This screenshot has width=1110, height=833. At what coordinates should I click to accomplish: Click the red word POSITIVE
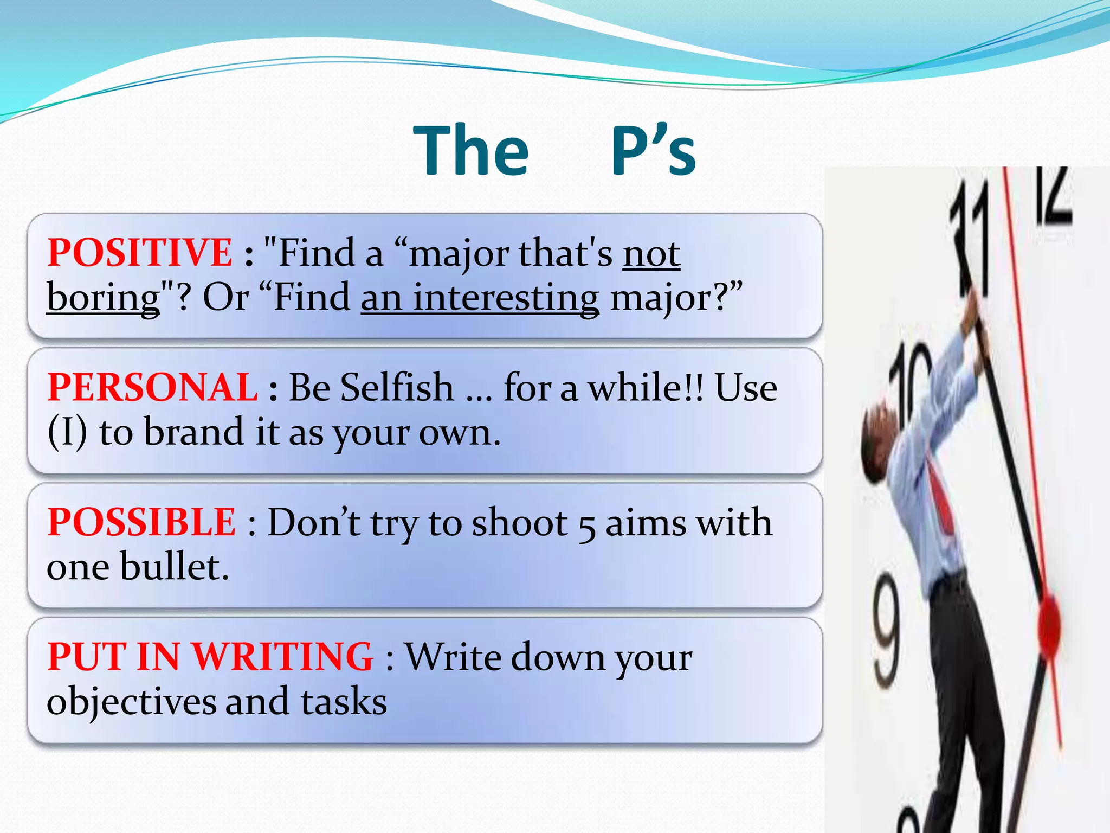(139, 253)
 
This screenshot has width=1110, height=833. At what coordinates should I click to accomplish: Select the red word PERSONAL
(152, 388)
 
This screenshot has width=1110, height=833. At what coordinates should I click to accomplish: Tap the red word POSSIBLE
(141, 522)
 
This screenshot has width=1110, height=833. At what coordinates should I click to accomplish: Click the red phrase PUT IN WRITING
(210, 657)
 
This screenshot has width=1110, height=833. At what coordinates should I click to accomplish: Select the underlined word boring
(104, 298)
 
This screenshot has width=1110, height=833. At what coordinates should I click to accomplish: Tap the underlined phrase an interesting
(480, 298)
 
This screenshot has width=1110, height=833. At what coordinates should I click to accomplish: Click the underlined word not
(651, 254)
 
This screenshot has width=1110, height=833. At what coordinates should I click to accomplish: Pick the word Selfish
(397, 388)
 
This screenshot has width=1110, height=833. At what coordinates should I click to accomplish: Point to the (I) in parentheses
(67, 432)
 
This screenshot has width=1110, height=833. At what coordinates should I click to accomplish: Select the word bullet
(174, 567)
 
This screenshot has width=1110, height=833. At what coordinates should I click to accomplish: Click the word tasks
(344, 702)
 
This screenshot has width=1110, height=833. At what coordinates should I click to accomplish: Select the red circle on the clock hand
(1049, 624)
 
